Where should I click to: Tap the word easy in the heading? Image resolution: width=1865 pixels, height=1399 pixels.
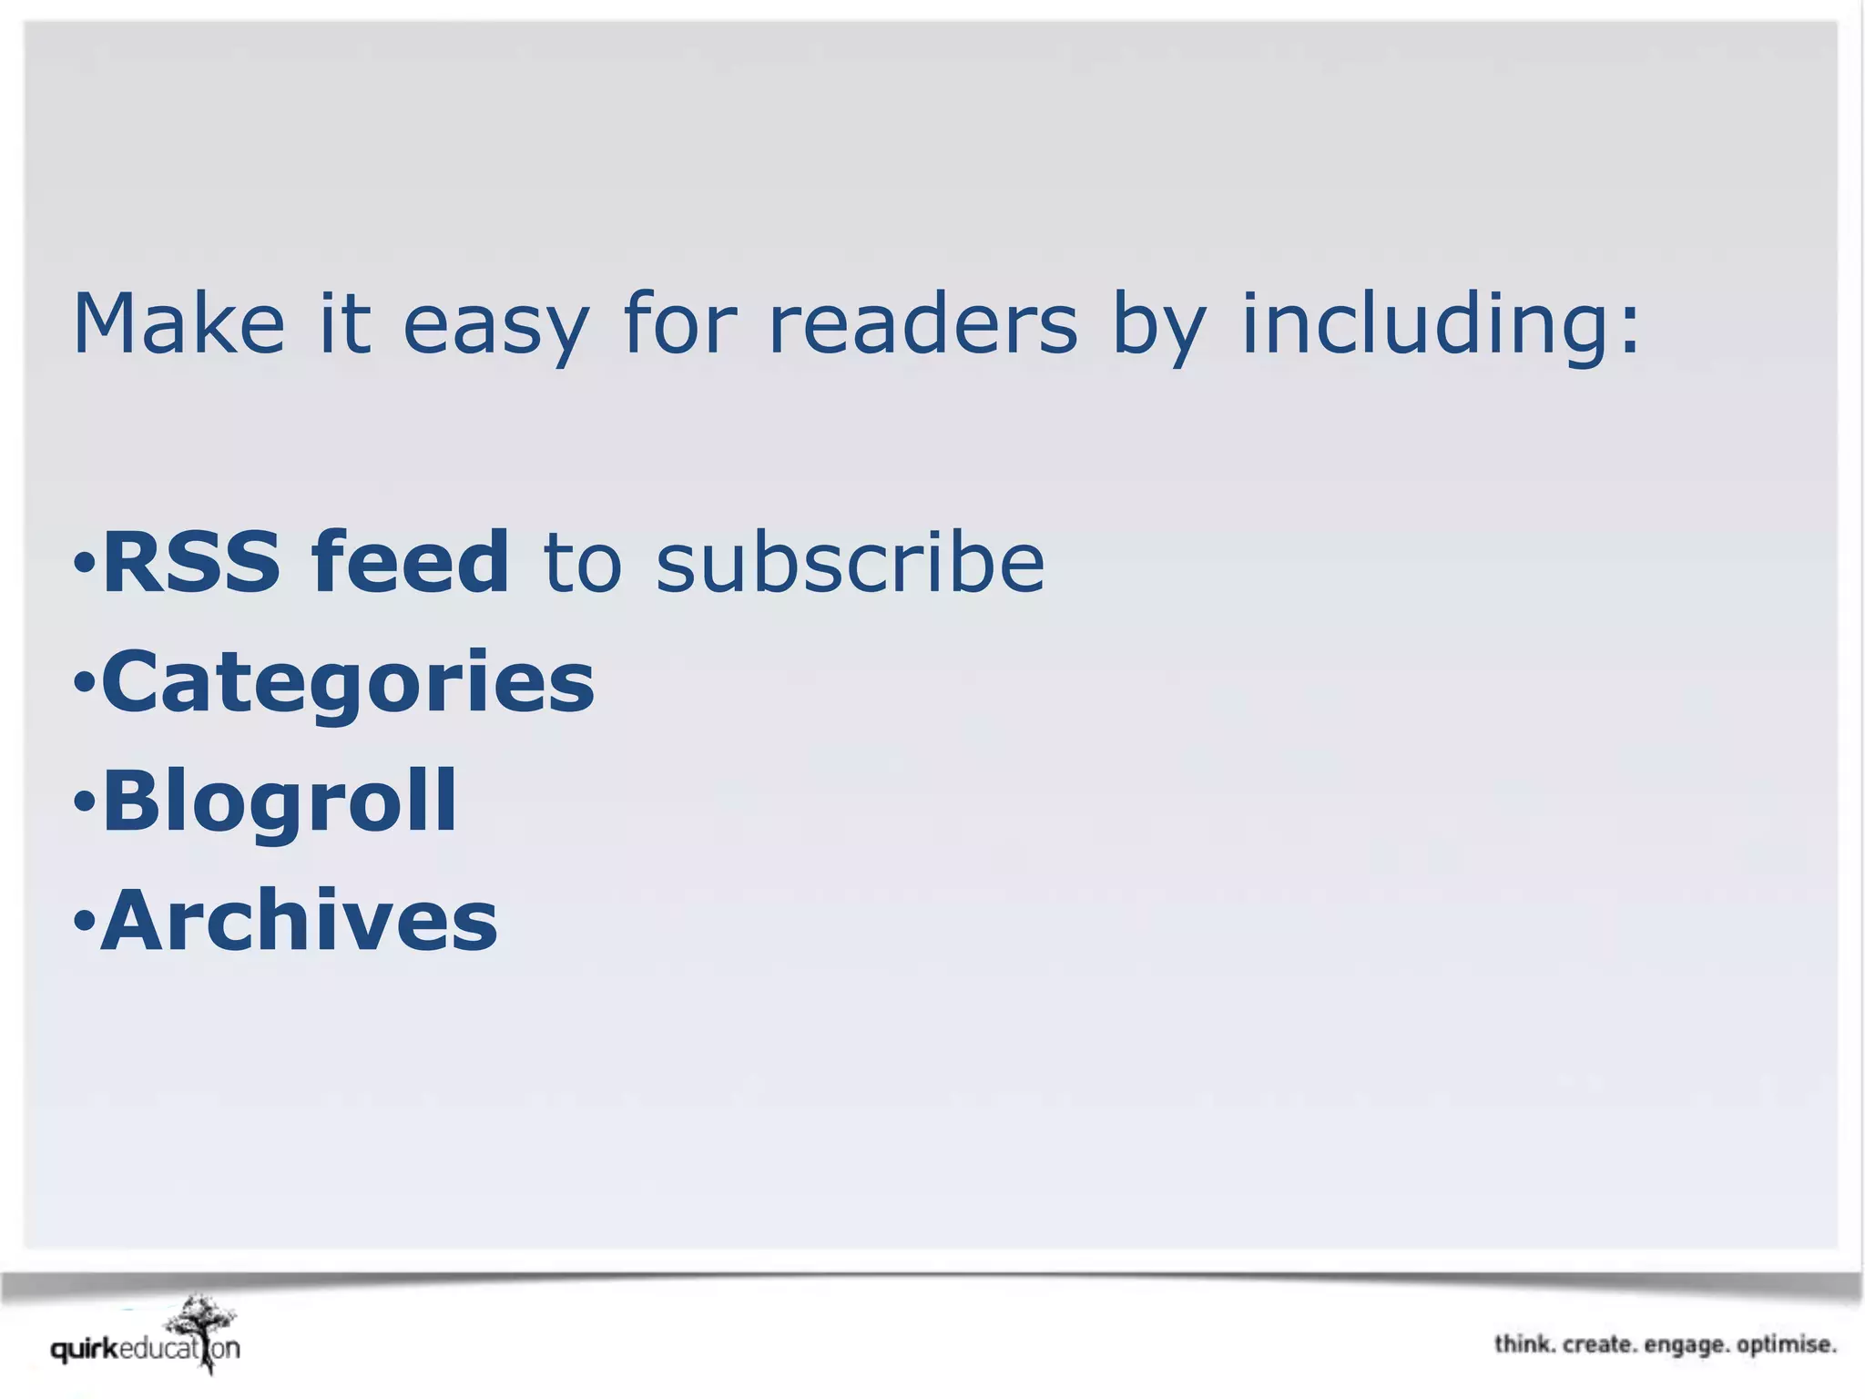[495, 328]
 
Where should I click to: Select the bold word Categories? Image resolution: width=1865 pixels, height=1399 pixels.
[348, 683]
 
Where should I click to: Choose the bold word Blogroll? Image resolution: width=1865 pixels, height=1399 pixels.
[280, 802]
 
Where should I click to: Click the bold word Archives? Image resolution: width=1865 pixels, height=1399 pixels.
[300, 921]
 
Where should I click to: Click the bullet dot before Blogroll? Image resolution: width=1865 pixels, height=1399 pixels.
[84, 802]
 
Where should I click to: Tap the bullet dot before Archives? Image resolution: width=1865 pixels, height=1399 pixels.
[84, 921]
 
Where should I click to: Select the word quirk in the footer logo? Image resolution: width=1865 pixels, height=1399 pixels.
[85, 1349]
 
